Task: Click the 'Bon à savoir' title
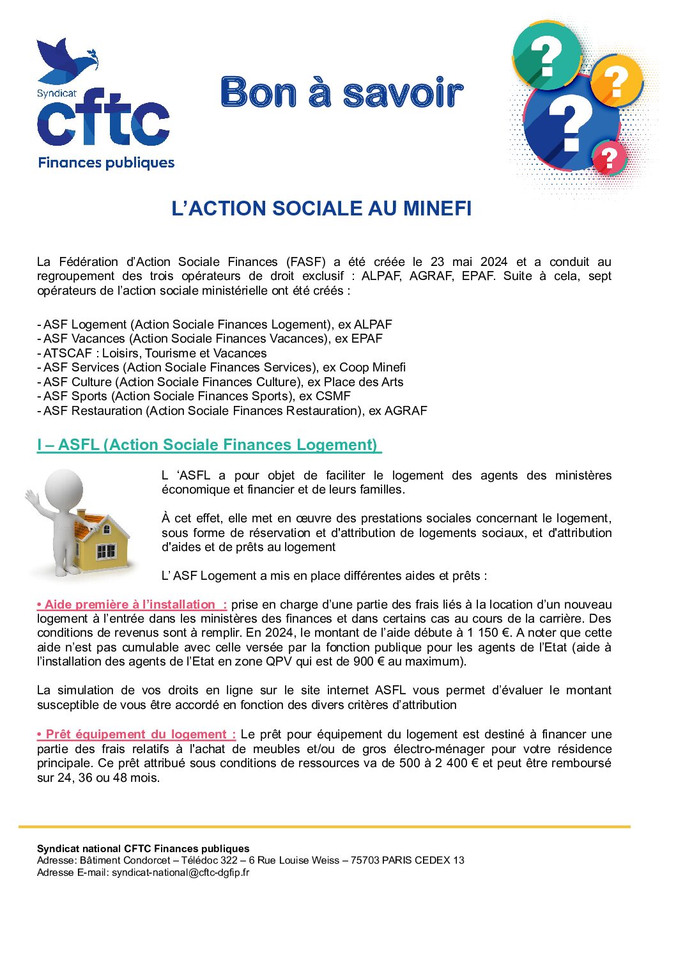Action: (x=341, y=93)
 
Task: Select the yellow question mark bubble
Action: (x=617, y=81)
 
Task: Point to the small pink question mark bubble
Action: (x=610, y=157)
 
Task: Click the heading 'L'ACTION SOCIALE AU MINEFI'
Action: (x=321, y=208)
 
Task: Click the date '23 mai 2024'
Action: (x=469, y=261)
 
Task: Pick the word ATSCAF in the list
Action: (x=67, y=353)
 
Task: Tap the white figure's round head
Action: (x=64, y=489)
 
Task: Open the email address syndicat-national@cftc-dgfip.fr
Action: (x=180, y=873)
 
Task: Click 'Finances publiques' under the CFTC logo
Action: (x=106, y=163)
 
